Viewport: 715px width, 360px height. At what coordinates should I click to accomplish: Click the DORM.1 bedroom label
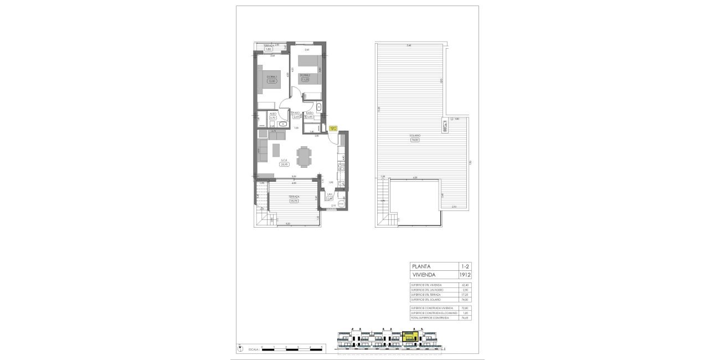click(x=271, y=76)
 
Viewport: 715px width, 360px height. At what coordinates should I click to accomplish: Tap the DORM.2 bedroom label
click(x=305, y=75)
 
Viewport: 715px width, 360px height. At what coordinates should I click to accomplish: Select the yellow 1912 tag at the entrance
click(x=333, y=128)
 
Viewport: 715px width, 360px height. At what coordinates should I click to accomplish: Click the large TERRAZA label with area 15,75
click(x=294, y=197)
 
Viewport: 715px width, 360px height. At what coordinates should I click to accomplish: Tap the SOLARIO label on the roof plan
click(x=415, y=135)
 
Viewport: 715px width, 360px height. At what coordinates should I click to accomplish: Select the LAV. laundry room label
click(x=330, y=194)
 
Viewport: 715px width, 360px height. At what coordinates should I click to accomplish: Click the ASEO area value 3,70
click(x=272, y=118)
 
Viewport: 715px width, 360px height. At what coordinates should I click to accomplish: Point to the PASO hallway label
click(x=296, y=113)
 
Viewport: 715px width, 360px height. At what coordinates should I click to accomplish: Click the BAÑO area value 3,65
click(x=310, y=117)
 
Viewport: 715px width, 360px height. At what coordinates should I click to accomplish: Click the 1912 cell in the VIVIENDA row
click(x=465, y=274)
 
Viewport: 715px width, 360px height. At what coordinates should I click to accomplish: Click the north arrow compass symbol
click(x=240, y=348)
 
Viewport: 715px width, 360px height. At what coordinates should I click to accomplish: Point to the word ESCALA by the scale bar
click(x=254, y=349)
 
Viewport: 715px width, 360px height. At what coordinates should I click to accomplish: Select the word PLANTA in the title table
click(x=422, y=266)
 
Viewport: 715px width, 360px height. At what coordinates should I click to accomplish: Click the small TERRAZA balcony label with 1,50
click(x=269, y=47)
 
